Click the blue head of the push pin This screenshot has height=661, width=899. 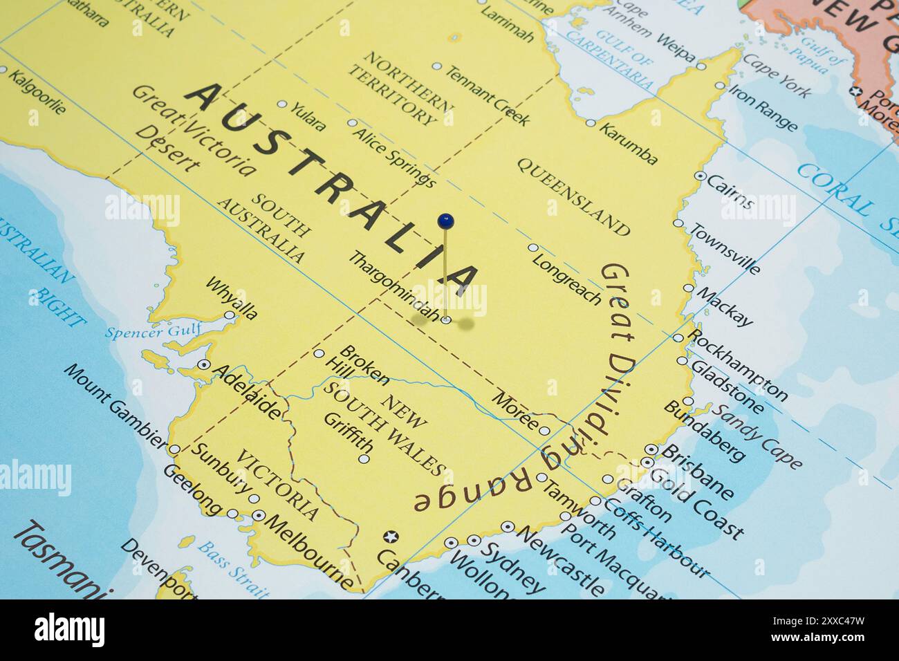coord(446,221)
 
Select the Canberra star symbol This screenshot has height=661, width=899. coord(391,537)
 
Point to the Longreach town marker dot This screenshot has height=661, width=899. coord(532,248)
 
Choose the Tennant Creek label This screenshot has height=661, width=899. coord(487,96)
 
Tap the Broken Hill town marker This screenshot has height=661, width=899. coord(319,353)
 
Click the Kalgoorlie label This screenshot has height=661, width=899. coord(38,92)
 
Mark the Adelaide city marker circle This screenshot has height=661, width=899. coord(204,364)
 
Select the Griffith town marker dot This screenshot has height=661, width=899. coord(364,458)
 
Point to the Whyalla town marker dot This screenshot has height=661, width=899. coord(230,315)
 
